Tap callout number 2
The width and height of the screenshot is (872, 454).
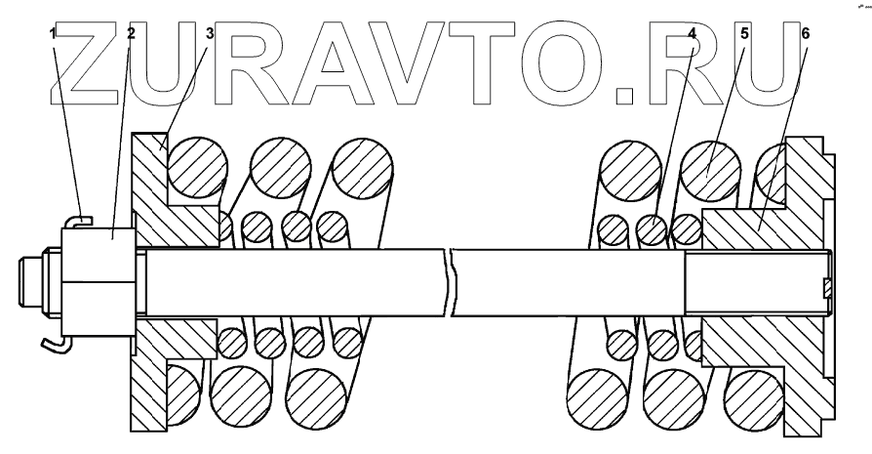click(x=130, y=33)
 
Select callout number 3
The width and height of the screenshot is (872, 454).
click(x=209, y=33)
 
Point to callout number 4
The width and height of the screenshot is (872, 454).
click(x=691, y=33)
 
